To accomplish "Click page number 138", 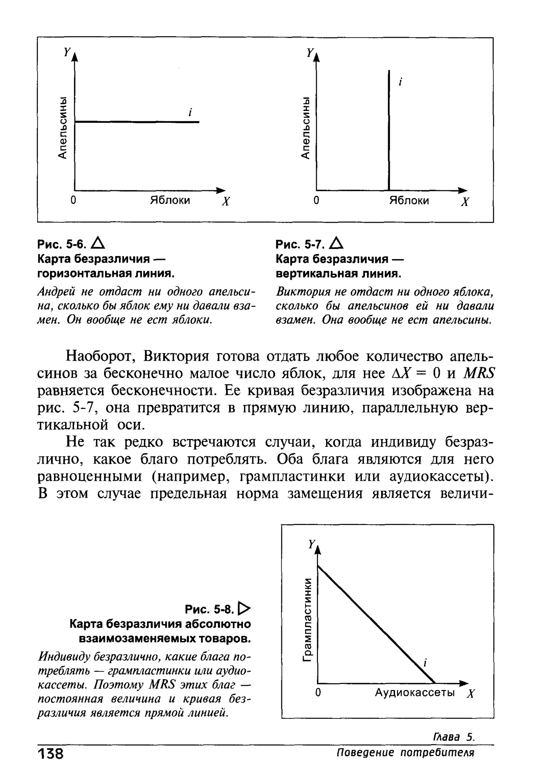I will coord(50,754).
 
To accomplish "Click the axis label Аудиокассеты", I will coord(414,693).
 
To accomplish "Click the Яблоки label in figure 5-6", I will coord(170,200).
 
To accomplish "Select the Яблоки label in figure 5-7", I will coord(409,200).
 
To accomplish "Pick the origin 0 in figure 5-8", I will coord(318,693).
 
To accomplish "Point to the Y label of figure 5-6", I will coord(67,52).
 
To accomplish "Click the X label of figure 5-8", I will coord(470,694).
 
